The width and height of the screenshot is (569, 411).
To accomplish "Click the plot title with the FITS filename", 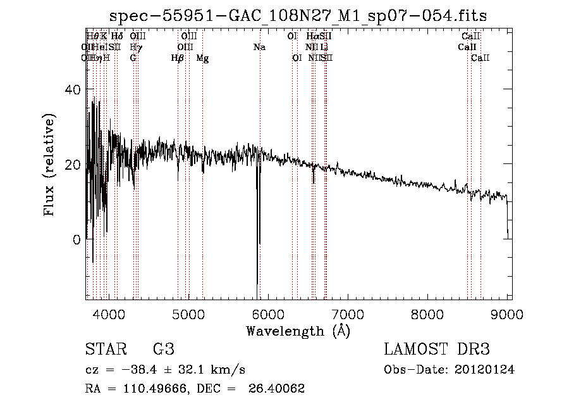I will click(x=298, y=15).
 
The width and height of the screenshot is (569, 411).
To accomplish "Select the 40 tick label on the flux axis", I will click(x=73, y=90).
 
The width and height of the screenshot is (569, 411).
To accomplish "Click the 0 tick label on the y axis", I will click(x=76, y=240).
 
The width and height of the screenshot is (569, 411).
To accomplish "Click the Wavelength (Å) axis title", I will click(x=298, y=331).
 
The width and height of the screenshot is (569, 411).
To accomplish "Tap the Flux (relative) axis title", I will click(x=49, y=165).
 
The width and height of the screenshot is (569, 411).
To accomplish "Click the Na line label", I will click(x=259, y=47).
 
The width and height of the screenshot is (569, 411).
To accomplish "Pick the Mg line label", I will click(x=202, y=58).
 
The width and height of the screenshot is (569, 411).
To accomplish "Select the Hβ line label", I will click(x=178, y=58).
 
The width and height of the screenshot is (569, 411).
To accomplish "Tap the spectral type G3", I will click(x=164, y=350).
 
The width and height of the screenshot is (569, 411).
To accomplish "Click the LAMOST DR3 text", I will click(x=437, y=350).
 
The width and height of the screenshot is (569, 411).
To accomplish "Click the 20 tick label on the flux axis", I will click(x=73, y=165).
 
